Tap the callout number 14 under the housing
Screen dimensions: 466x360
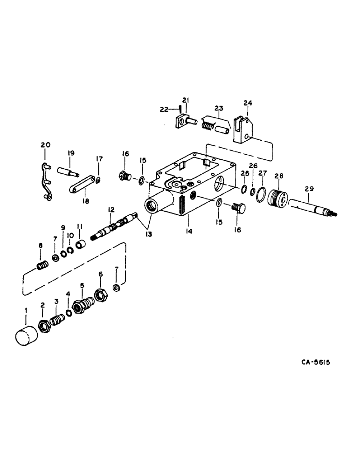tap(188, 230)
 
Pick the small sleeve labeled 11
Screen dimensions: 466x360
tap(81, 245)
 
